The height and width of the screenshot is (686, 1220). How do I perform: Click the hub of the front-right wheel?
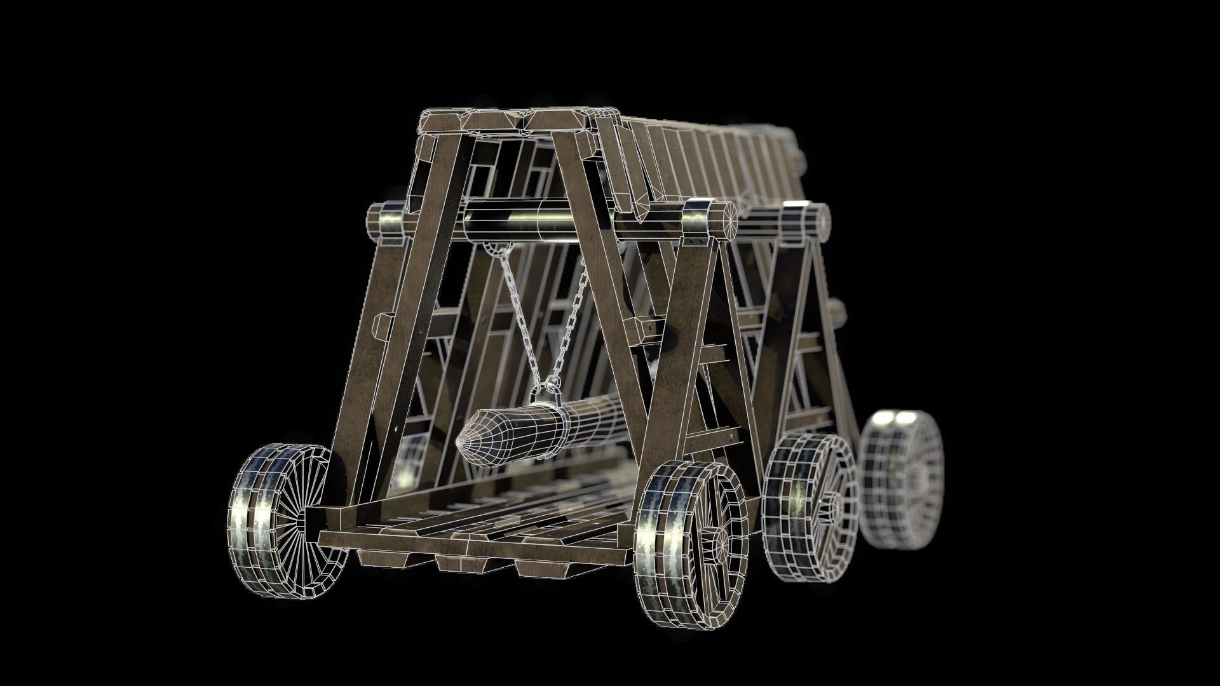[720, 544]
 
